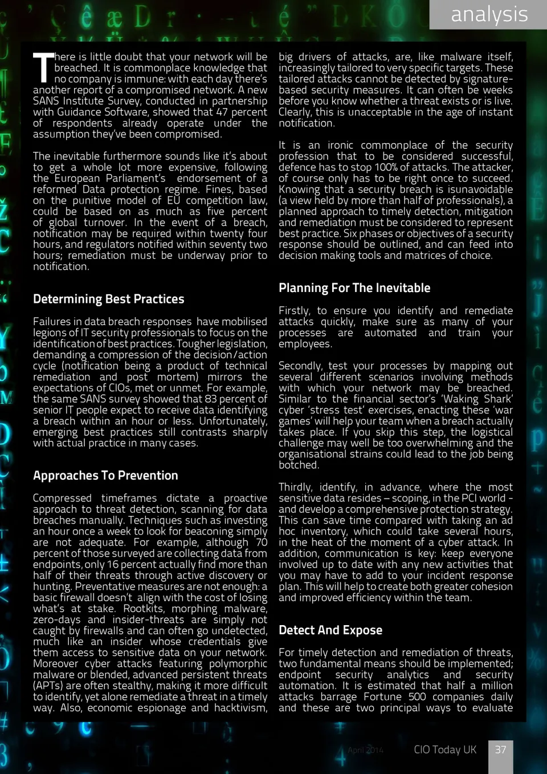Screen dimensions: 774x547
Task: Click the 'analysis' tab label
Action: tap(489, 14)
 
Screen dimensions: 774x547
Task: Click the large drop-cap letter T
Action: tap(43, 68)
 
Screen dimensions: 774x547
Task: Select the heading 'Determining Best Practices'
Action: tap(108, 299)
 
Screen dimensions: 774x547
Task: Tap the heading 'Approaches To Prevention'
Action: tap(105, 475)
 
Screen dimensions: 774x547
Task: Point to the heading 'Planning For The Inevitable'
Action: tap(354, 287)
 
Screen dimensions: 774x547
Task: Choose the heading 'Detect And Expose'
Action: tap(330, 630)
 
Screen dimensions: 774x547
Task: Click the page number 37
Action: tap(500, 749)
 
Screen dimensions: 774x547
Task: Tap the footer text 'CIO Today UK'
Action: tap(444, 749)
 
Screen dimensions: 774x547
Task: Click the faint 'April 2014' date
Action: tap(365, 750)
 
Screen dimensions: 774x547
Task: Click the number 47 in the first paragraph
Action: tap(222, 112)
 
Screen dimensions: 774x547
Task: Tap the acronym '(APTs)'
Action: tap(51, 686)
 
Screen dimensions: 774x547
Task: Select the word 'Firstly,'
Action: tap(294, 311)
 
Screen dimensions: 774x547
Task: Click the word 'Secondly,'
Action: tap(299, 366)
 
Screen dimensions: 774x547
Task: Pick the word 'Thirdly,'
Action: tap(295, 487)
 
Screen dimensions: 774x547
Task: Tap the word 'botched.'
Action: tap(298, 465)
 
